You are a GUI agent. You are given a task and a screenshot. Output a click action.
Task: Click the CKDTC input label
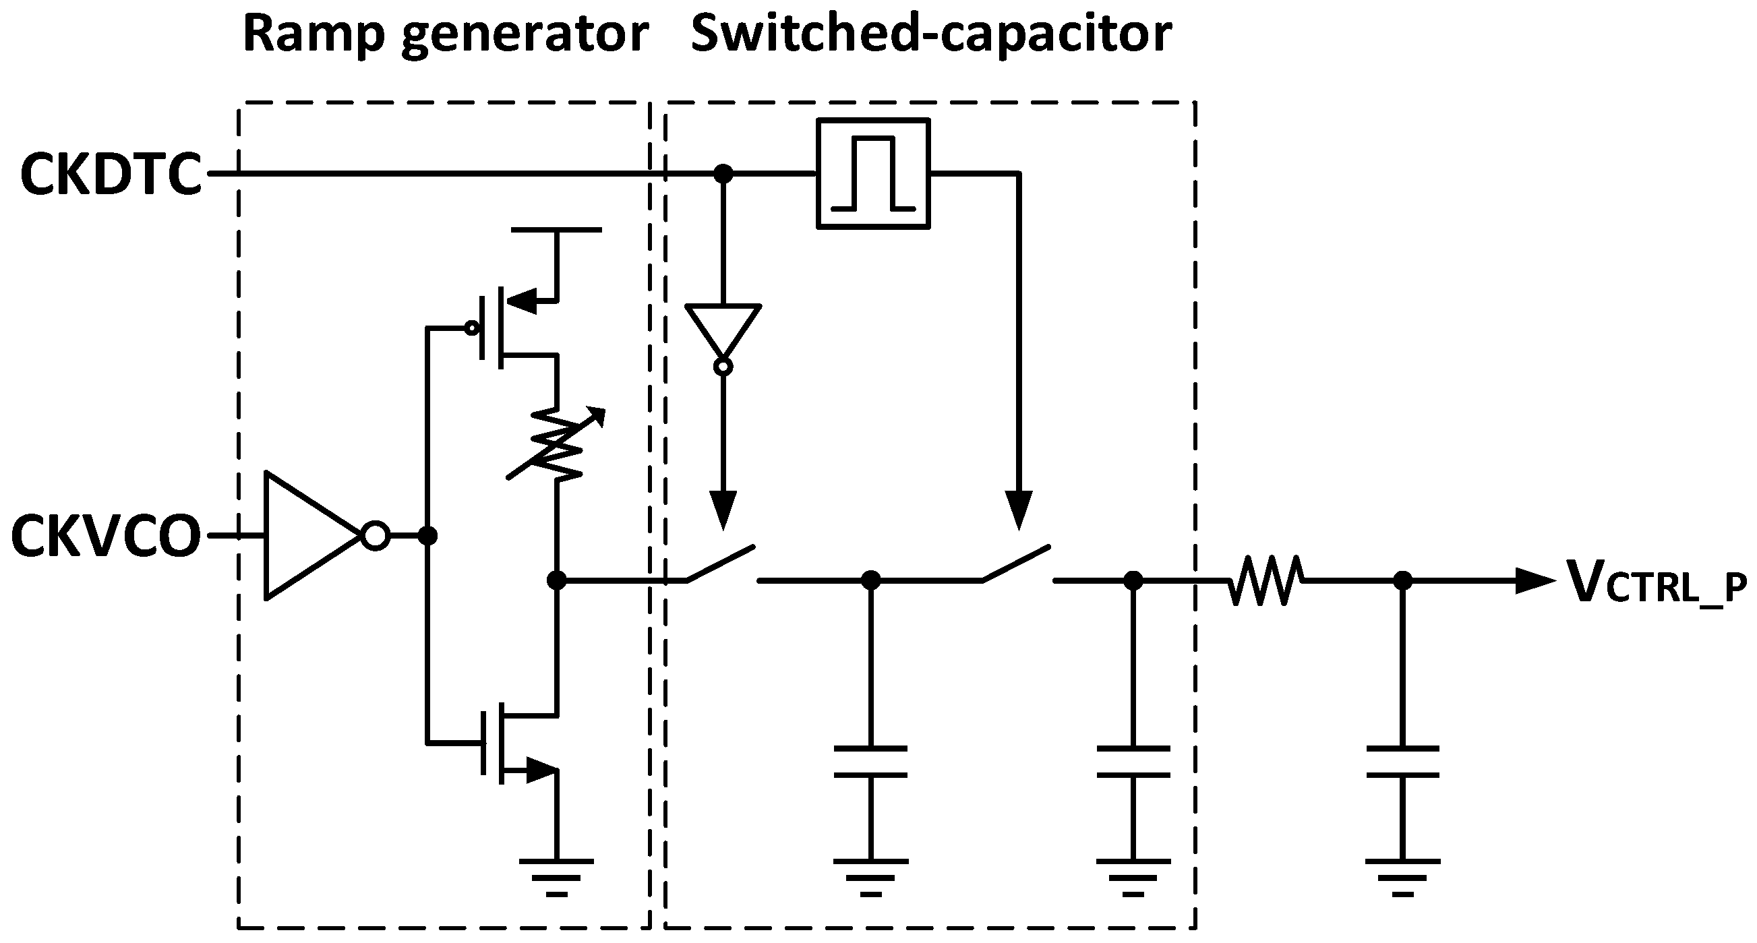point(111,175)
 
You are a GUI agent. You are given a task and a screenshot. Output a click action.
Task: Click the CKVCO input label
point(106,537)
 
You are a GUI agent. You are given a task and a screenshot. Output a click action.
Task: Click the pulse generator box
point(873,174)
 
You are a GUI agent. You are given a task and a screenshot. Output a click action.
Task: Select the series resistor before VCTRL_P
point(1266,581)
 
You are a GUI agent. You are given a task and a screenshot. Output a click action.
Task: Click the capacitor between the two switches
point(871,762)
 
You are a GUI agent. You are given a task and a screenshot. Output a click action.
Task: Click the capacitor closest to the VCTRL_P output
point(1402,762)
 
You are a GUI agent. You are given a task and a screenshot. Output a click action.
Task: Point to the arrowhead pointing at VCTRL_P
point(1535,581)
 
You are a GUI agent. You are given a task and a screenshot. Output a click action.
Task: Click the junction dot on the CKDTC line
point(723,174)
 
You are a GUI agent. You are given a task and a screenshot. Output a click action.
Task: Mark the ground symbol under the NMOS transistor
point(557,876)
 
